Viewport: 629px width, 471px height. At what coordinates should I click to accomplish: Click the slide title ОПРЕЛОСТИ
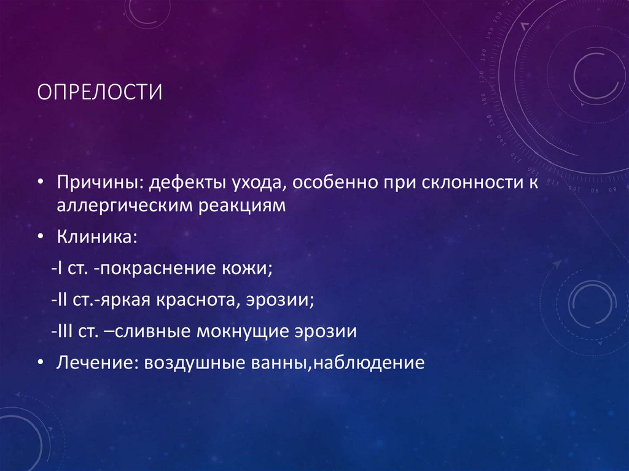tap(100, 93)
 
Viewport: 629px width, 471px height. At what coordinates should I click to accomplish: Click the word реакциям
tap(242, 205)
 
